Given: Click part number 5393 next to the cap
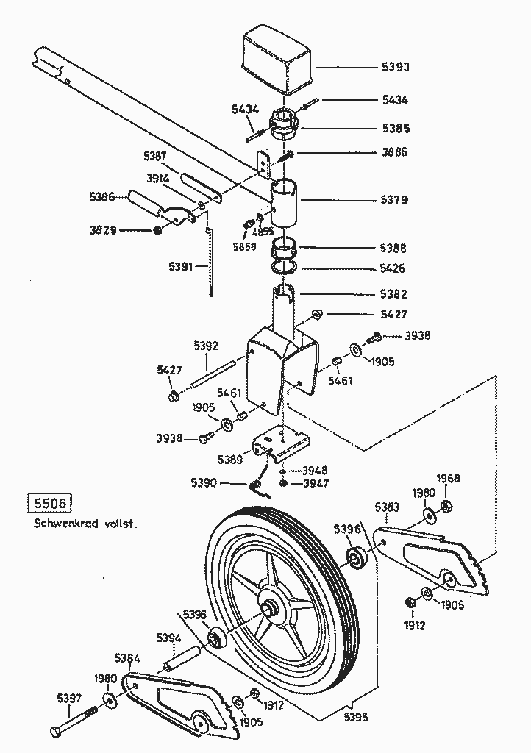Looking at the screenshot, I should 395,67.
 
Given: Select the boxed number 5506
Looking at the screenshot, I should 47,504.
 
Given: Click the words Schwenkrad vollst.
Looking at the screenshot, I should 85,524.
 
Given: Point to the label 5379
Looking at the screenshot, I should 395,200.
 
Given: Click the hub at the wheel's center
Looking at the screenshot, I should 270,607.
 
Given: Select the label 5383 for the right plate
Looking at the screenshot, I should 387,507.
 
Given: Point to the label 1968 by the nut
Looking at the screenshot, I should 448,479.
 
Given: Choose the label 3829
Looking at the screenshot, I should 103,231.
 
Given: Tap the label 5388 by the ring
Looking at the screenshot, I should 395,249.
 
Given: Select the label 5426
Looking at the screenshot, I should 395,268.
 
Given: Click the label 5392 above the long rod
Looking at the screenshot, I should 207,345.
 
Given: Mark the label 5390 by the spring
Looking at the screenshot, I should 204,482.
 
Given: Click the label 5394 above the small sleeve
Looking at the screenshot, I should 168,638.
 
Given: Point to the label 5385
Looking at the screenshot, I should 395,128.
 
